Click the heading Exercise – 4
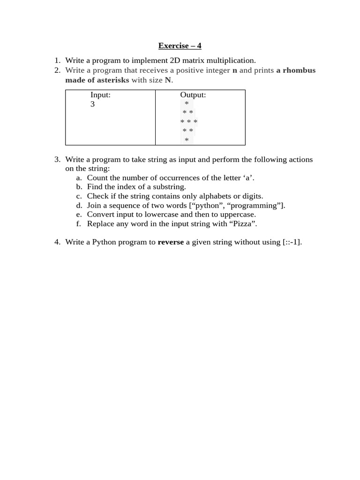coord(180,45)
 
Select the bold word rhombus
coord(299,70)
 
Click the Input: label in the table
coord(100,95)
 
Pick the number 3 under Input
coord(92,104)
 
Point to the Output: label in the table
coord(193,95)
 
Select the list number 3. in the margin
coord(57,159)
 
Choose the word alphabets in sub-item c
coord(190,196)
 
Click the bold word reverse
coord(171,242)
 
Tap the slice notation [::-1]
coord(292,242)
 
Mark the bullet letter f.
coord(78,224)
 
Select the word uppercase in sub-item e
coord(237,214)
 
